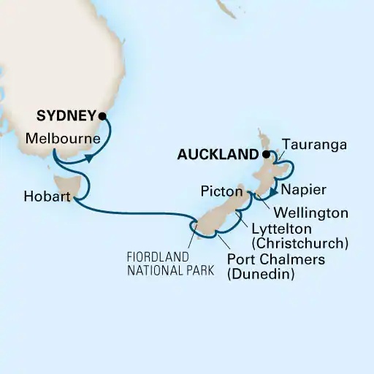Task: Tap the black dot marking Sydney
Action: [x=103, y=115]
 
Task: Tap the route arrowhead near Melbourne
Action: [x=89, y=158]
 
